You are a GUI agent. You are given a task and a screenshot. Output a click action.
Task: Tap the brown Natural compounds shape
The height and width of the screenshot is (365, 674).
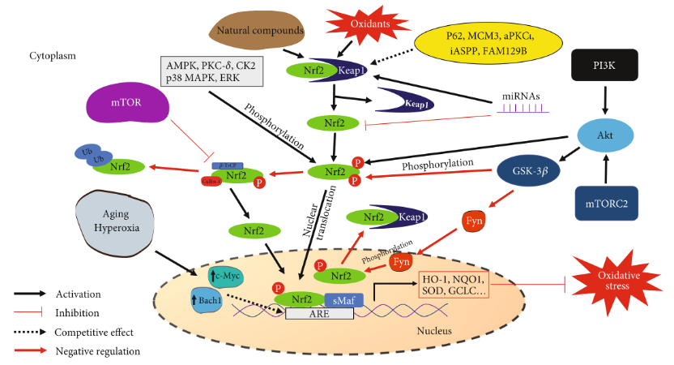(256, 32)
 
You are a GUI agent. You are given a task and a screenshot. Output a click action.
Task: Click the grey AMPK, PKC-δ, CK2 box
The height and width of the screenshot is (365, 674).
(212, 71)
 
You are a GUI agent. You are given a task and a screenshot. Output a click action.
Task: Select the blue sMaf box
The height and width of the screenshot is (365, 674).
(343, 299)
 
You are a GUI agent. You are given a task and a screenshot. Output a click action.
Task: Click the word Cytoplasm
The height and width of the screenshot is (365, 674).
(52, 56)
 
